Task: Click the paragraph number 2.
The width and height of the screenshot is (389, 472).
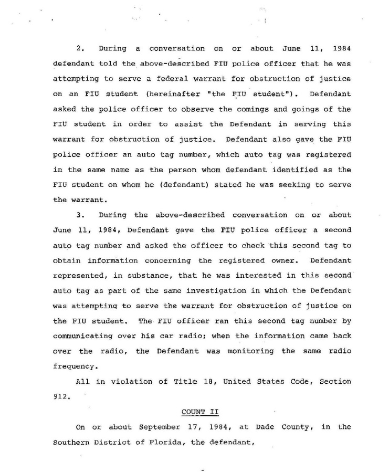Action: point(80,48)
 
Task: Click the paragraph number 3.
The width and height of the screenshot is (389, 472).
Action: point(80,215)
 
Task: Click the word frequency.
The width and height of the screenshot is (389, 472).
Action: point(75,366)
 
